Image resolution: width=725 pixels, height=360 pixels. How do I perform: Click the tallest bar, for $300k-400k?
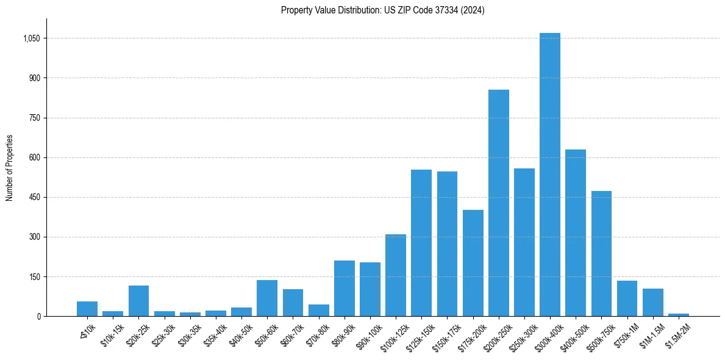(549, 175)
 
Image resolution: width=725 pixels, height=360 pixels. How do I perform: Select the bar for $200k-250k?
(498, 203)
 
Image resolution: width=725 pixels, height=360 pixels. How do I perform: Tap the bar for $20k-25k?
(138, 301)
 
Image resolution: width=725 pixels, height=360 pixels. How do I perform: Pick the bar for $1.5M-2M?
(678, 315)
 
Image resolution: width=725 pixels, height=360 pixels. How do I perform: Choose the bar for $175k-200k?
(473, 263)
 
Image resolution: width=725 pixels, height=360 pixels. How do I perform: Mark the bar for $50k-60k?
(267, 298)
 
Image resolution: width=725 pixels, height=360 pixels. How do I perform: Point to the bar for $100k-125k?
(396, 275)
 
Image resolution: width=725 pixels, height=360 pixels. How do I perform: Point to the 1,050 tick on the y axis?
(31, 38)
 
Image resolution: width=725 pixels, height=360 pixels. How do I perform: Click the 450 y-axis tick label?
(34, 198)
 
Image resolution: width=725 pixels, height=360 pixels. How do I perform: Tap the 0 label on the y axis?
(38, 317)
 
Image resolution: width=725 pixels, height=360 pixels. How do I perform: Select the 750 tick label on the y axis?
(34, 118)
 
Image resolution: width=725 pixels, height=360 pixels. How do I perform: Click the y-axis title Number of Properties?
(9, 168)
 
